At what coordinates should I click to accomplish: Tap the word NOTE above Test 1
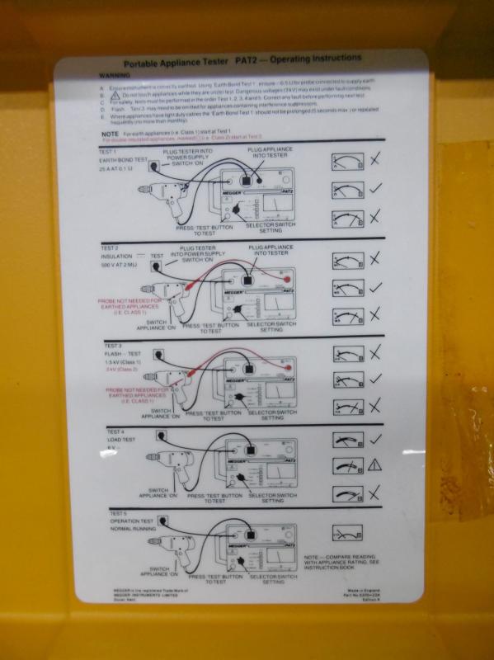pyautogui.click(x=111, y=134)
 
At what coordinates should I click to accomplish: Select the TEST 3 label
pyautogui.click(x=114, y=344)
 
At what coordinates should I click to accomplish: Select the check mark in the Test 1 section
pyautogui.click(x=374, y=187)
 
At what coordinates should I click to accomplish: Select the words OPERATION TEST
pyautogui.click(x=132, y=522)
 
